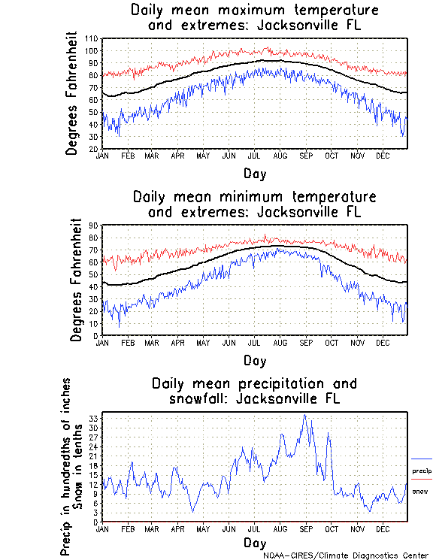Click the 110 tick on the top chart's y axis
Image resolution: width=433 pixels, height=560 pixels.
point(92,38)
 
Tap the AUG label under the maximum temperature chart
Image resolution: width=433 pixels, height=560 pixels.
point(280,156)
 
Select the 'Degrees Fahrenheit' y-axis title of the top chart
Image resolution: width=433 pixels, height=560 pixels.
point(72,92)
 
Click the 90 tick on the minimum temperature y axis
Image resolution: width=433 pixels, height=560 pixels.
point(94,225)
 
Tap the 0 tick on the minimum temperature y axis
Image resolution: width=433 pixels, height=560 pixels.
point(96,335)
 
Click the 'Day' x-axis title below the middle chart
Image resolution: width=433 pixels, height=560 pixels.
point(254,360)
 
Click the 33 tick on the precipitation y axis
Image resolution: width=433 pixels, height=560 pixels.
point(94,418)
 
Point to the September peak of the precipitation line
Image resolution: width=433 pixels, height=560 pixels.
point(304,415)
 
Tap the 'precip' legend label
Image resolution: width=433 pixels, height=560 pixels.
point(422,471)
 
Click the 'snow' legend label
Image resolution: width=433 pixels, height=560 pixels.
point(420,492)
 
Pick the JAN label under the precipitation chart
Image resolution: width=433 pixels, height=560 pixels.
point(103,528)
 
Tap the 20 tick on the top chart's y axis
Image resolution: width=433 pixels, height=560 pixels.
point(94,149)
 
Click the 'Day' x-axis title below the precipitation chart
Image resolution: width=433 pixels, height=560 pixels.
point(254,543)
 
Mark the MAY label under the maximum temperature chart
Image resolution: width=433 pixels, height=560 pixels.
point(203,156)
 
